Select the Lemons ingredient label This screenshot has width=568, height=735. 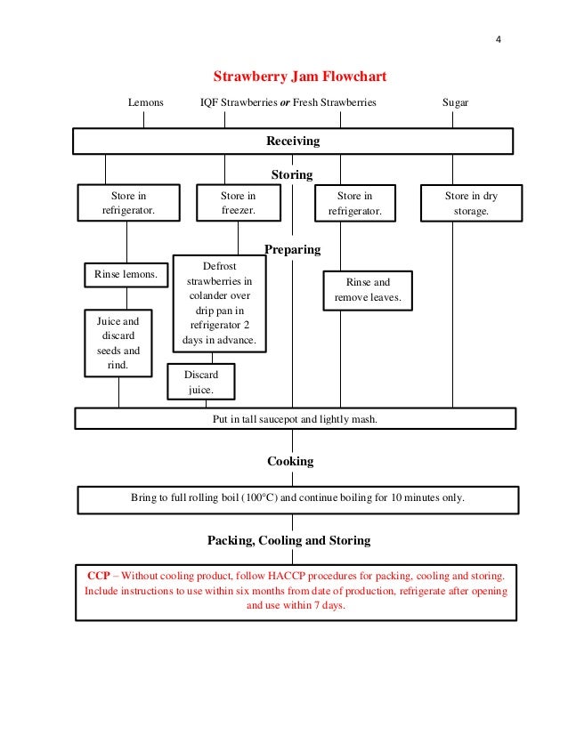pyautogui.click(x=145, y=103)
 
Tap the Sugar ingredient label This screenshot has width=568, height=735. pyautogui.click(x=455, y=103)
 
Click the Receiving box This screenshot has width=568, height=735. pyautogui.click(x=292, y=141)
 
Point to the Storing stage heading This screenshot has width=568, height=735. pyautogui.click(x=292, y=174)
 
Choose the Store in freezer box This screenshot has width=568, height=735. pyautogui.click(x=238, y=203)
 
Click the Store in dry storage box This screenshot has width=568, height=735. pyautogui.click(x=471, y=203)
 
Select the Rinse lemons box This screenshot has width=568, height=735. pyautogui.click(x=126, y=275)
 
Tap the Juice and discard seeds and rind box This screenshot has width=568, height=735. pyautogui.click(x=118, y=343)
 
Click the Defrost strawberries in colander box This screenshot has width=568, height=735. pyautogui.click(x=219, y=303)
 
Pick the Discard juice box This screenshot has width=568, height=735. pyautogui.click(x=201, y=383)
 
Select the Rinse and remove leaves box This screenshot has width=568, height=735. pyautogui.click(x=368, y=290)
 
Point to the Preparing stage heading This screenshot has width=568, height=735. pyautogui.click(x=292, y=249)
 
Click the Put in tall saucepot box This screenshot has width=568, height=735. pyautogui.click(x=295, y=419)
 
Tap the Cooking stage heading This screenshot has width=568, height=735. pyautogui.click(x=290, y=461)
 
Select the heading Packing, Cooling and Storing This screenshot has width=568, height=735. pyautogui.click(x=288, y=540)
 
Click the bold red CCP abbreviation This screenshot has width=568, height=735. pyautogui.click(x=99, y=576)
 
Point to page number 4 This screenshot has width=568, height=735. pyautogui.click(x=499, y=40)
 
